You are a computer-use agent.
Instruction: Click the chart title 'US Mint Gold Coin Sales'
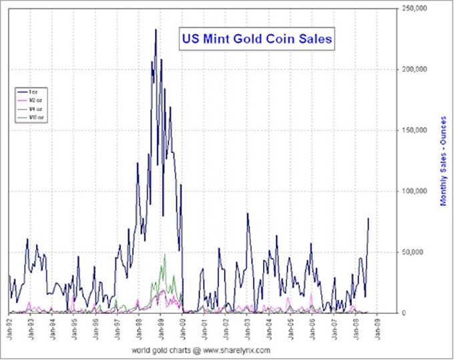257,39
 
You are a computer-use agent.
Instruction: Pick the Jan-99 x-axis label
161,328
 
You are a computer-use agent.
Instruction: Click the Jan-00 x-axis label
182,328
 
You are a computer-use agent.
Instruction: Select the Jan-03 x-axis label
247,328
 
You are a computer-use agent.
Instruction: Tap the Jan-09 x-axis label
377,328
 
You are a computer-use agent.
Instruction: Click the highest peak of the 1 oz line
156,29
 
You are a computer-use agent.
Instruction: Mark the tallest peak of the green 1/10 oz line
165,254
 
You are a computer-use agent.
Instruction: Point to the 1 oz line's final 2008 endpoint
369,218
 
